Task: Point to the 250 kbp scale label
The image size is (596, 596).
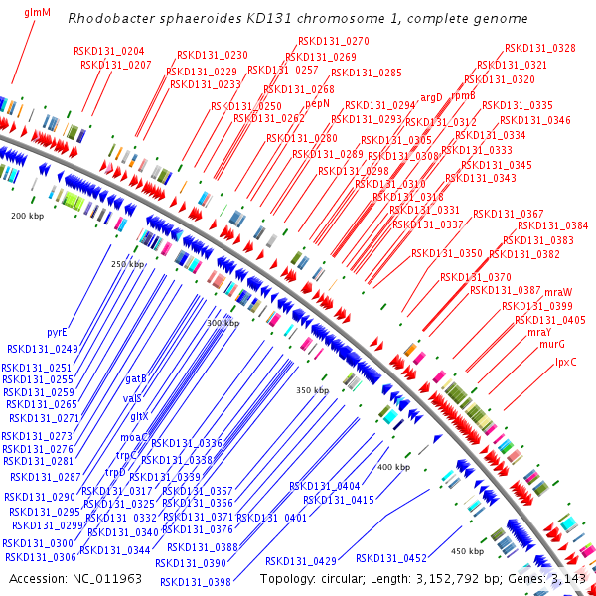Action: pos(128,264)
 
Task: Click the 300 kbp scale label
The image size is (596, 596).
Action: pos(223,323)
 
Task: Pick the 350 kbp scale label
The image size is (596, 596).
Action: pos(312,390)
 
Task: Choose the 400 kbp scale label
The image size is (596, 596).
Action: pos(393,466)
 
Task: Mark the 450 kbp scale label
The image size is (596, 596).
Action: pos(467,550)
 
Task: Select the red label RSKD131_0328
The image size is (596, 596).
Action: pos(539,48)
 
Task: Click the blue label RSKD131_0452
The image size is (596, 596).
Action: pos(390,558)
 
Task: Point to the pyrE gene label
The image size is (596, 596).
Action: pos(58,332)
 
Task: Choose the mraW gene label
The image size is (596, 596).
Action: pos(559,292)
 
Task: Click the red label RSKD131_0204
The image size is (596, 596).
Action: pos(108,51)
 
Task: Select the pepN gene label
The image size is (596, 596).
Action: pos(318,102)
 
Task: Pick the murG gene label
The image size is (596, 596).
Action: pos(553,345)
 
